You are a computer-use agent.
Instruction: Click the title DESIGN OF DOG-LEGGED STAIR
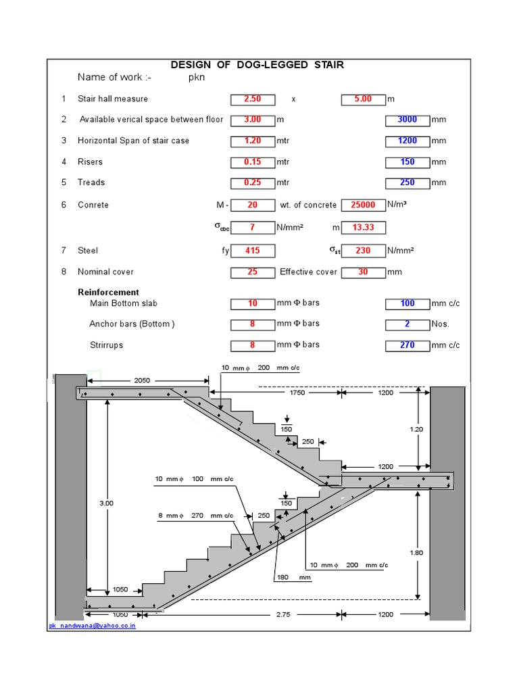(257, 65)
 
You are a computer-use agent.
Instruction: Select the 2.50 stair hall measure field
(252, 99)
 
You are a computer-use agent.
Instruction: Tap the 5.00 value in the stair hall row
(363, 99)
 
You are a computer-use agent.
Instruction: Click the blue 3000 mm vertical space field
(407, 120)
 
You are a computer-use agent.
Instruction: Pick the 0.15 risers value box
(252, 162)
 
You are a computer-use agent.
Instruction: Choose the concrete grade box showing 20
(252, 205)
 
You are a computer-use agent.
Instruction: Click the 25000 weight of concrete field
(363, 205)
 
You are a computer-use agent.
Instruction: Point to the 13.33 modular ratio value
(363, 227)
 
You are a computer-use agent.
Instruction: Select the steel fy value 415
(252, 251)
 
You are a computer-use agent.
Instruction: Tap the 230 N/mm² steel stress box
(363, 251)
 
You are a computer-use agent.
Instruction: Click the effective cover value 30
(363, 272)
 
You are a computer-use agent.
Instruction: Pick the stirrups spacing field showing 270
(407, 345)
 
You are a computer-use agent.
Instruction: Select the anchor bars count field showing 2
(407, 324)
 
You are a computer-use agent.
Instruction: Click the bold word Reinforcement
(109, 293)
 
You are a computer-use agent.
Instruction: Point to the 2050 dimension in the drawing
(142, 381)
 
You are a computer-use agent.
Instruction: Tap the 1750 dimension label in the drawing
(297, 392)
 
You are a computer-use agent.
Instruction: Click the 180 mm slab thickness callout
(284, 578)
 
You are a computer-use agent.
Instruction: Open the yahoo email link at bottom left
(92, 626)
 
